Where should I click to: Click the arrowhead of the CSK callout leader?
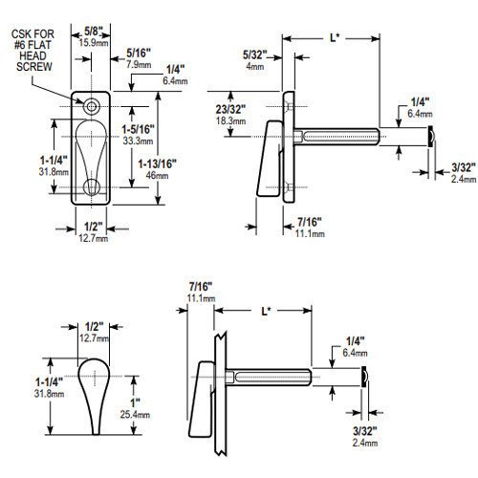tap(84, 102)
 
